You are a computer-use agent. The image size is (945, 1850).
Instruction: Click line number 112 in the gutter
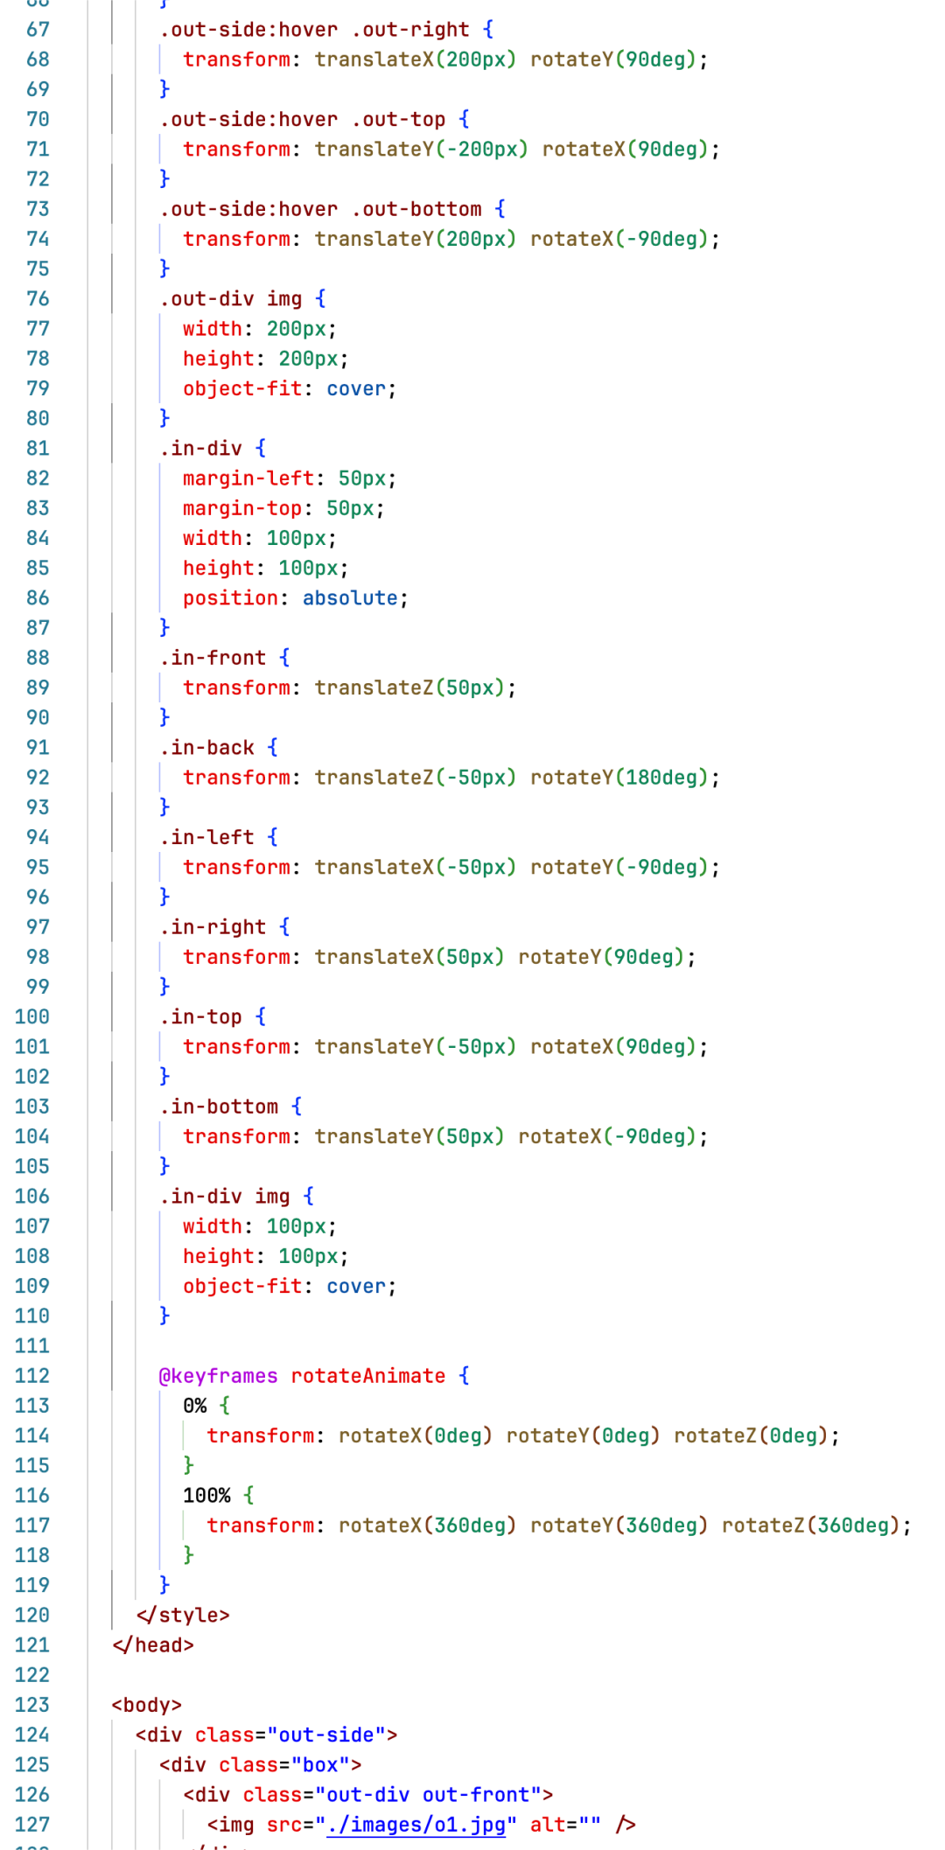32,1376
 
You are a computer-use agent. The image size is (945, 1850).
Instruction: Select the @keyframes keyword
218,1376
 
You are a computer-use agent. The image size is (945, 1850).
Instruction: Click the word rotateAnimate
368,1376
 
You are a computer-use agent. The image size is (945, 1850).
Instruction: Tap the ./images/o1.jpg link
416,1825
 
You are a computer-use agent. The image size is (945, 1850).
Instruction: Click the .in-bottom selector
220,1107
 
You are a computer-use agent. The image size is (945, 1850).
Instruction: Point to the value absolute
350,598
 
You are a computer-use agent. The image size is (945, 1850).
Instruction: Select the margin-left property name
248,478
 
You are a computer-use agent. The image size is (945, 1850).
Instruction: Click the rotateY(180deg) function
619,778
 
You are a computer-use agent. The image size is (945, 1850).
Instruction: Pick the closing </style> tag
183,1615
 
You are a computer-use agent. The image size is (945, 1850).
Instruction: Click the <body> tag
146,1705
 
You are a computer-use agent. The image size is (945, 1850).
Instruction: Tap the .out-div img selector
231,299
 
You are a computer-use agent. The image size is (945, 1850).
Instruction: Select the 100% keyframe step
206,1496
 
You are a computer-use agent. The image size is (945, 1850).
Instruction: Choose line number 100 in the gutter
32,1016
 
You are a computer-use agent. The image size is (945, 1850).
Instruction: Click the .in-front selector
213,658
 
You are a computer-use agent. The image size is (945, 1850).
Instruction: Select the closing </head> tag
153,1645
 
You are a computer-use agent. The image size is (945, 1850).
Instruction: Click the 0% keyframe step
194,1406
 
